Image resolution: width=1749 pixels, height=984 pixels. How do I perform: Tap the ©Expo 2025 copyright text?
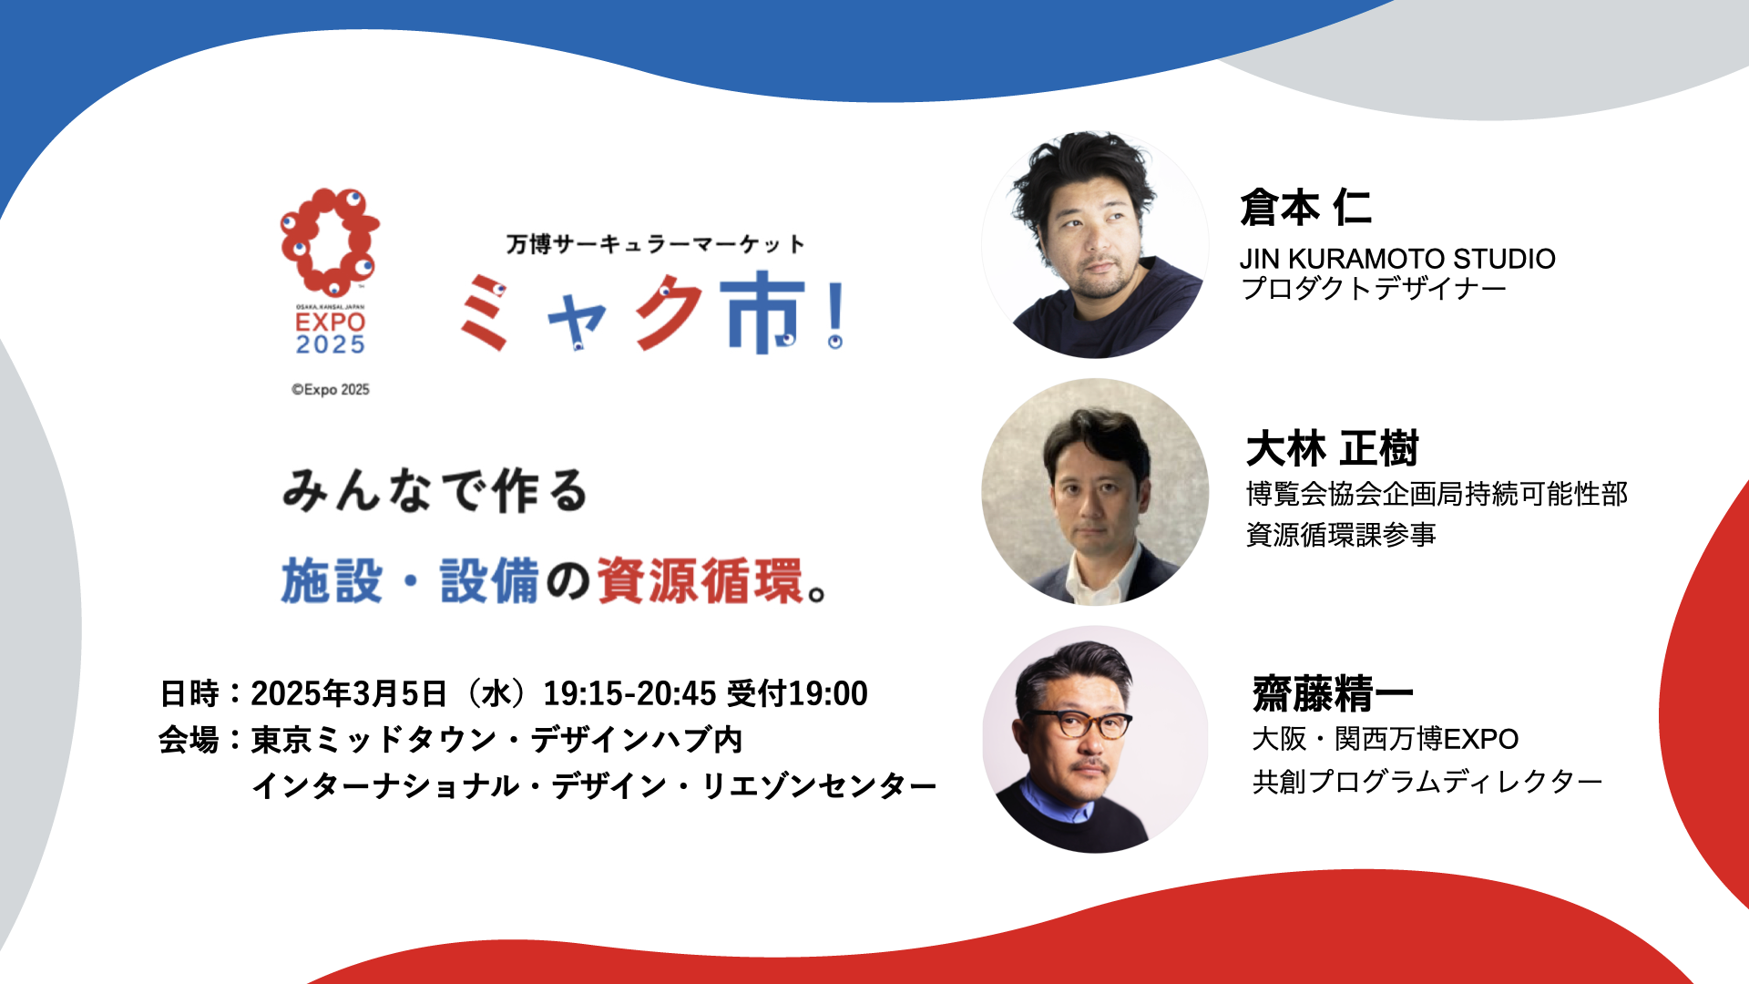coord(331,390)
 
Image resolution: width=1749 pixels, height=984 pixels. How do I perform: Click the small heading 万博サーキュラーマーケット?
coord(656,244)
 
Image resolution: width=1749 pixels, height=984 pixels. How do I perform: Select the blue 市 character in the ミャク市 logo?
coord(762,313)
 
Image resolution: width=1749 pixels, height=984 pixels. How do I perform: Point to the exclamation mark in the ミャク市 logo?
coord(835,314)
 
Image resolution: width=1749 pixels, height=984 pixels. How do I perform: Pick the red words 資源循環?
coord(701,581)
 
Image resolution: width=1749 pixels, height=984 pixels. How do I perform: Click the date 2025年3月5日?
coord(349,693)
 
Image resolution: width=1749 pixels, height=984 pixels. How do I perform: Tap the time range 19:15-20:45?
coord(630,693)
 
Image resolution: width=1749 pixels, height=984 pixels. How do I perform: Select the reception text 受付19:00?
coord(798,693)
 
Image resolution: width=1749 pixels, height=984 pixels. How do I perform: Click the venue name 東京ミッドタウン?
coord(373,739)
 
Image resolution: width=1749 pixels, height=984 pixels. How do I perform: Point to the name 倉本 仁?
coord(1305,207)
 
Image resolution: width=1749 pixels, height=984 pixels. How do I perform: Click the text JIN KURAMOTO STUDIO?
coord(1397,259)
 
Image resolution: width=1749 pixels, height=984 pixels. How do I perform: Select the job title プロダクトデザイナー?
coord(1374,289)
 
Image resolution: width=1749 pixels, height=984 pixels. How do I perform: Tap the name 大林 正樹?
coord(1333,449)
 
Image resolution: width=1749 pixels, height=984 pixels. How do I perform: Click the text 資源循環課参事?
coord(1341,534)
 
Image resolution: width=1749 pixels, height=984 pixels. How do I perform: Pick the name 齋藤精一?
coord(1333,694)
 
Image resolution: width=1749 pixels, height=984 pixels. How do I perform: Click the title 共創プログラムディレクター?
coord(1427,782)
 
